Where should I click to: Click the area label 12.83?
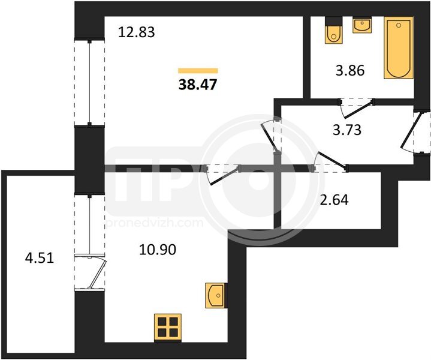coord(137,32)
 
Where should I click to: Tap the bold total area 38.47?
coord(198,85)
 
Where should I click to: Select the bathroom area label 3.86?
coord(350,70)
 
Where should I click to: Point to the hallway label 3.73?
coord(347,130)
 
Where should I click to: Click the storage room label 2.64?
coord(334,200)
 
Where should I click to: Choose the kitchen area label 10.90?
coord(158,250)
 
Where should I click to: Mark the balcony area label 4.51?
coord(40,258)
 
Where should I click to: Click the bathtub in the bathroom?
coord(399,48)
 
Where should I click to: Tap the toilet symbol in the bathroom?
coord(334,30)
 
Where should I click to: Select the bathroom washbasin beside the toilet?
coord(362,25)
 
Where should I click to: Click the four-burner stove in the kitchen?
coord(168,327)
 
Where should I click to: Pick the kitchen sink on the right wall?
coord(216,295)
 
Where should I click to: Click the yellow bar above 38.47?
coord(198,71)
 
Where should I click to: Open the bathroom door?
coord(357,107)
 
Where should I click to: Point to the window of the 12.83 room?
coord(89,83)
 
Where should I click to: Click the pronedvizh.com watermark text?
coord(155,223)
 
